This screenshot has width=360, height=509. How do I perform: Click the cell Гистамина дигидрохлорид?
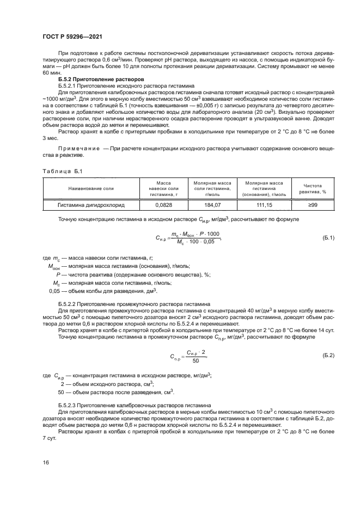click(x=91, y=206)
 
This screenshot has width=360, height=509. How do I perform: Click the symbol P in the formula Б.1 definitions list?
click(x=57, y=275)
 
